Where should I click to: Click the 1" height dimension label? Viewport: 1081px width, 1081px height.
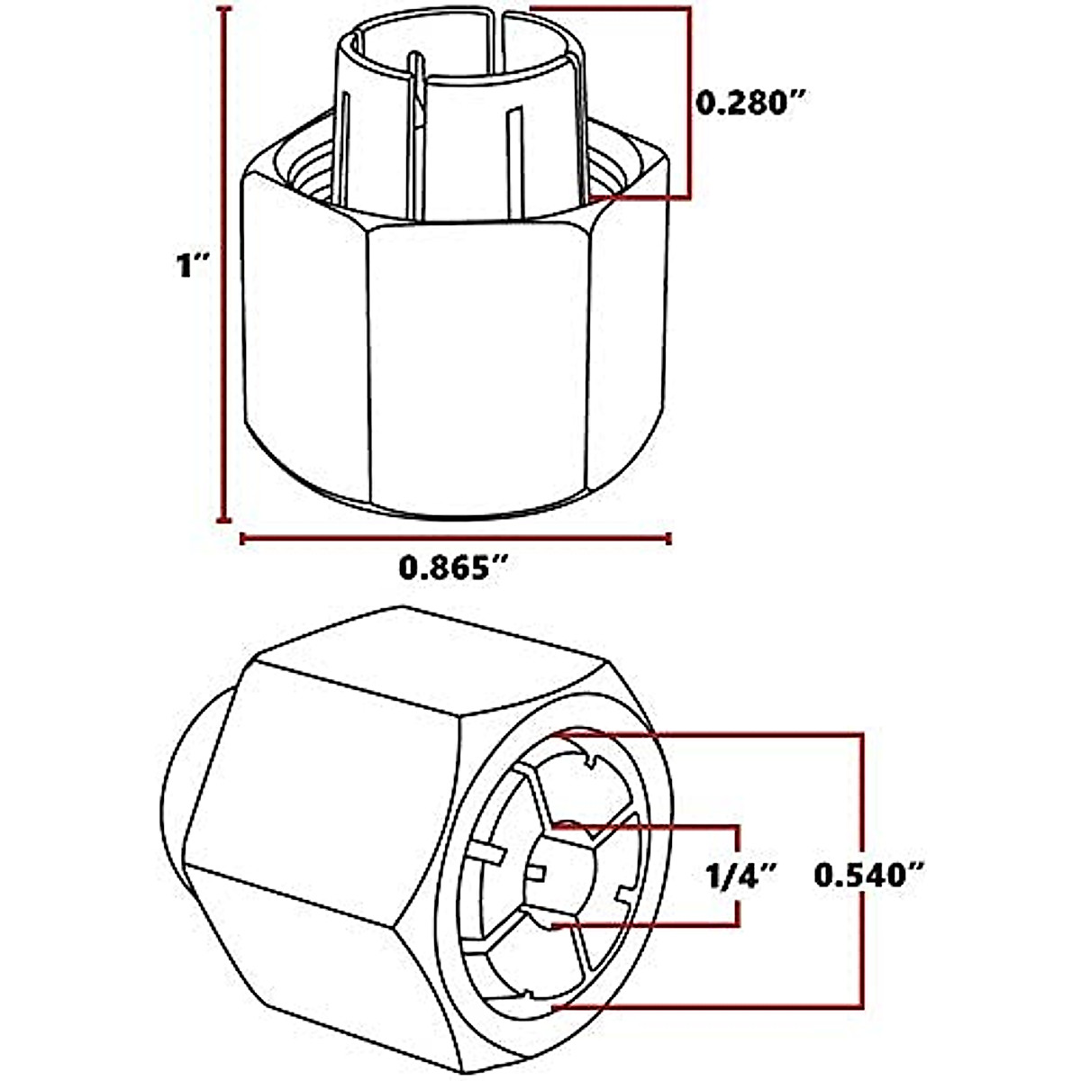coord(192,265)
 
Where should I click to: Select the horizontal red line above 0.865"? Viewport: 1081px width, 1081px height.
coord(455,539)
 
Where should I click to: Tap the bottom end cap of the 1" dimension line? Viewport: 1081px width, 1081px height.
coord(225,520)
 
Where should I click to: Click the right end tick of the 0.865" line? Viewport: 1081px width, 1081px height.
coord(668,539)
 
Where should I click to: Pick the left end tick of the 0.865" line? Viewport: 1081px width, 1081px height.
coord(241,539)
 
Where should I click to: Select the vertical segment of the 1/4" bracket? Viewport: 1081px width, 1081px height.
coord(739,875)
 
